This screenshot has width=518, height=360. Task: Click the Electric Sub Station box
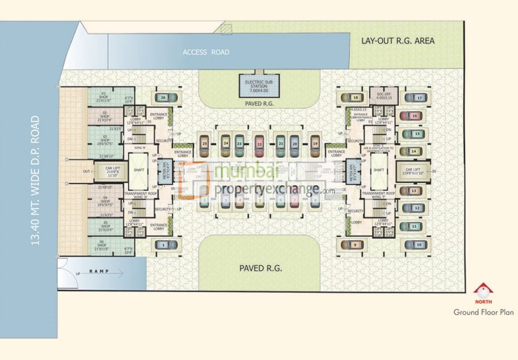259,85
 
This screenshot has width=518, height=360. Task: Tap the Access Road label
206,52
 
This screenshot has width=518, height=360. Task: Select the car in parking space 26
166,97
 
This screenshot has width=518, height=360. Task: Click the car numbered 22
260,143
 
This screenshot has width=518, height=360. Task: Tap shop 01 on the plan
106,96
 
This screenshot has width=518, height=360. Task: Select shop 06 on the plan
105,245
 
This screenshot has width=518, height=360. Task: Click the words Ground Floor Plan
483,313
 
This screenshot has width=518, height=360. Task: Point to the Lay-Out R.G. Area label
398,41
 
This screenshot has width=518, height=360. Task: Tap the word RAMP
99,271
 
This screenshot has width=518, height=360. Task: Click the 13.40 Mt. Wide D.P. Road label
34,180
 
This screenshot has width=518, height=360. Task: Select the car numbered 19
315,143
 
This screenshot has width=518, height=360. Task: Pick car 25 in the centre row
205,143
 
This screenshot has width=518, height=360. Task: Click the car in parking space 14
411,151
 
